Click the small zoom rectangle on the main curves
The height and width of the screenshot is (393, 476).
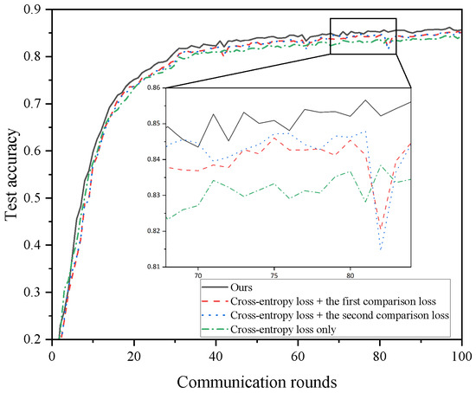363,36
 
